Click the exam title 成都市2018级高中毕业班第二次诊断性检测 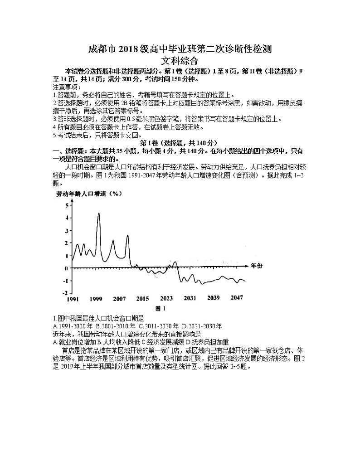click(x=180, y=49)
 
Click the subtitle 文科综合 click(x=180, y=60)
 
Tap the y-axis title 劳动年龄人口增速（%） click(x=88, y=194)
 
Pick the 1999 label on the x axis click(x=96, y=299)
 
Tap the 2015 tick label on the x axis click(x=143, y=299)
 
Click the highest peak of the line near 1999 click(x=99, y=213)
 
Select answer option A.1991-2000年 click(x=73, y=326)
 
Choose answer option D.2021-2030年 click(x=202, y=326)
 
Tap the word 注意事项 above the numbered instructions click(x=66, y=87)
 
